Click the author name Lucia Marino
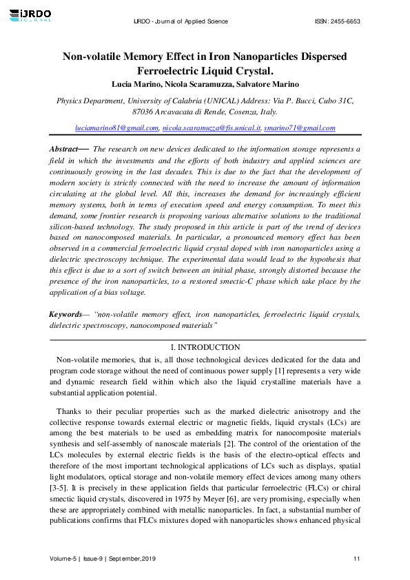(x=135, y=84)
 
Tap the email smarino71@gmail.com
(x=290, y=128)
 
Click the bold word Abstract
(x=64, y=149)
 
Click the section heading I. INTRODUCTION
(x=205, y=348)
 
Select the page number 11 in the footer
(x=356, y=558)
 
